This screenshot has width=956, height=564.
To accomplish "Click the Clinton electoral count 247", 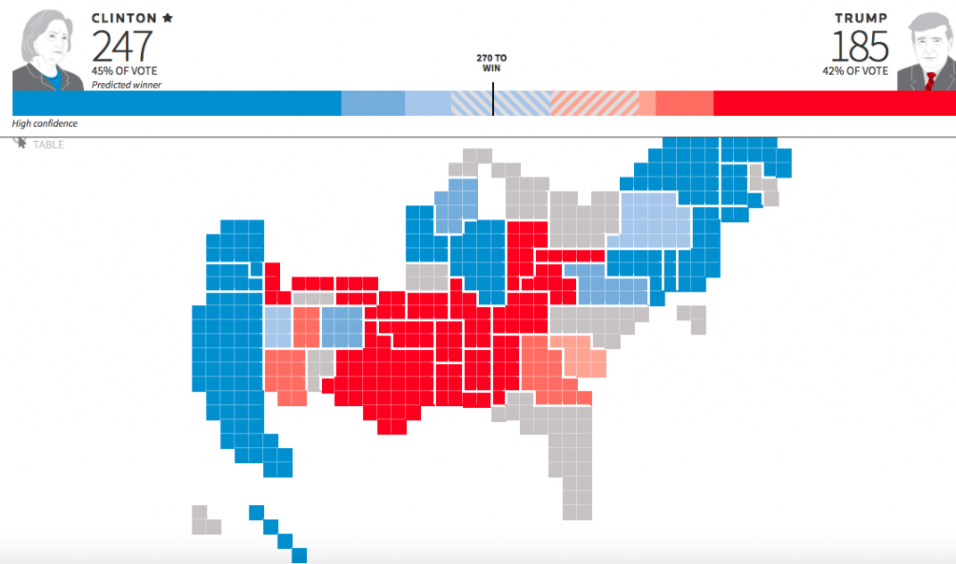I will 121,47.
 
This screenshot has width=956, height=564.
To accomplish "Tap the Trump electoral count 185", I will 860,47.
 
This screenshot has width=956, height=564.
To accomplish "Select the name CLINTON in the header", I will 124,18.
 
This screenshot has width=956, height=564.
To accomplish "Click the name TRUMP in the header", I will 861,18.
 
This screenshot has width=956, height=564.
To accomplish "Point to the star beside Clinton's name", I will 167,18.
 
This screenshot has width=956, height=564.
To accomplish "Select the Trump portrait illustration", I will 924,51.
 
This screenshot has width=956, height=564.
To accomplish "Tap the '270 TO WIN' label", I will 492,63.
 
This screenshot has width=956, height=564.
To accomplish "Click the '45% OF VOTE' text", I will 124,72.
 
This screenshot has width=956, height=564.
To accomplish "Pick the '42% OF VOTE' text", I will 856,72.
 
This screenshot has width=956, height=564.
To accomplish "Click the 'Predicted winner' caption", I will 126,85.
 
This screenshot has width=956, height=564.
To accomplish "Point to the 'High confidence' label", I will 45,124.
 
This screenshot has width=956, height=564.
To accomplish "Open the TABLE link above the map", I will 48,145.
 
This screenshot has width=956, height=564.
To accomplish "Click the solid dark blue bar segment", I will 176,104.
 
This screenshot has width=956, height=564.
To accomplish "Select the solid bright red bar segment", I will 834,104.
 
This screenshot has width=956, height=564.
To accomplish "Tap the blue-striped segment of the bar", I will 500,104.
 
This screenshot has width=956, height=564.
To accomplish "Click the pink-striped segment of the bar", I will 595,104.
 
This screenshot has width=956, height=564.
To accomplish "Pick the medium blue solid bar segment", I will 373,104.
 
